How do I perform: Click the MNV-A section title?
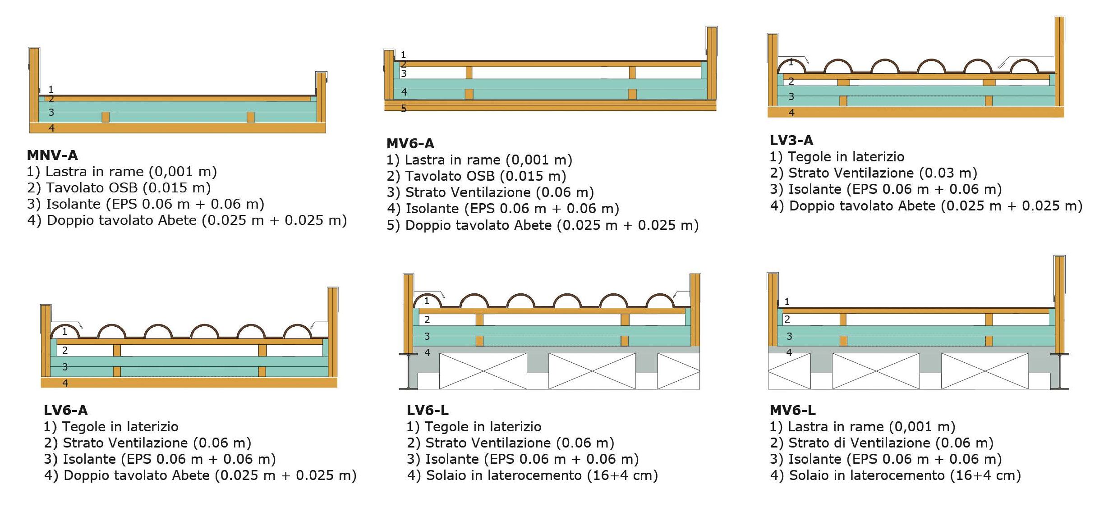point(52,155)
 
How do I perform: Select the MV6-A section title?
point(410,144)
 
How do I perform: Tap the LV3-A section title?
point(791,141)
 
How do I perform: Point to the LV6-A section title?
point(65,410)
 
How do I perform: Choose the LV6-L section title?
point(427,410)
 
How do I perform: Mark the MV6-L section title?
point(792,410)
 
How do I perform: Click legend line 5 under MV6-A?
point(542,225)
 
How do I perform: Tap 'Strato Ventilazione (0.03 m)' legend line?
point(873,173)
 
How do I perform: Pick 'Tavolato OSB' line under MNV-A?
point(119,188)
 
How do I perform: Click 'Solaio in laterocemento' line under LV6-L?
point(532,475)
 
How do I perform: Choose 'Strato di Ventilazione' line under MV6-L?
point(881,443)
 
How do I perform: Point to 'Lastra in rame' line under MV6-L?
point(862,426)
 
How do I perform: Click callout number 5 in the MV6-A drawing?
point(404,109)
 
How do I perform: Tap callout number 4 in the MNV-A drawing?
point(51,128)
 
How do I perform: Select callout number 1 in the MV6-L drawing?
point(787,301)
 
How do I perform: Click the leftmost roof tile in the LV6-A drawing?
point(65,330)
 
